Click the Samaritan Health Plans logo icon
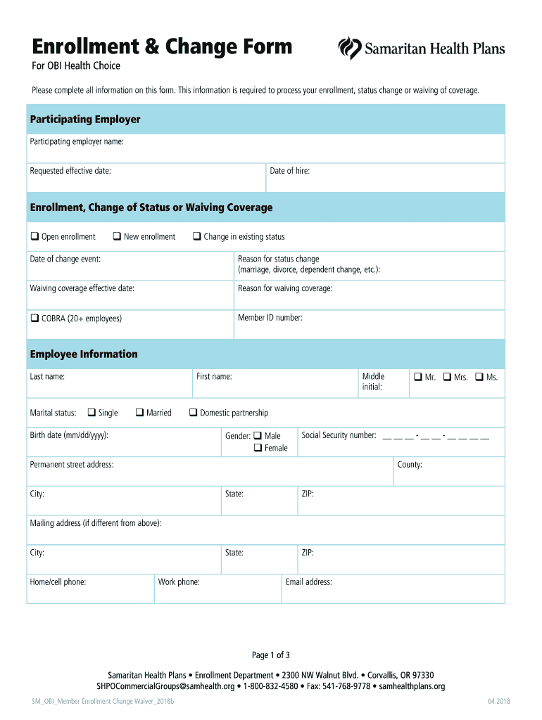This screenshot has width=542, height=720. (x=350, y=49)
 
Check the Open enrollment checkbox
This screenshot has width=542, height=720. (x=34, y=236)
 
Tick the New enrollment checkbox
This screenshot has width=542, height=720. (x=117, y=236)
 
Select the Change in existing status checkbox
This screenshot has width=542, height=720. (x=197, y=236)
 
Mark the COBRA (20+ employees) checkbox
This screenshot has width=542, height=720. (x=34, y=319)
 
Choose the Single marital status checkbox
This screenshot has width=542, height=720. (x=92, y=413)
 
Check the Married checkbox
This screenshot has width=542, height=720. (x=139, y=413)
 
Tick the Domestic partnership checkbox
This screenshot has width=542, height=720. (x=193, y=413)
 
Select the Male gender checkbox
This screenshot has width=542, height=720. (x=258, y=436)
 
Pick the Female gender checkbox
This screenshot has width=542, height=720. (x=258, y=448)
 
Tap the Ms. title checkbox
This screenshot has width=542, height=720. (x=479, y=377)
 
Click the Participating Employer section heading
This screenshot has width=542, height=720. (x=85, y=120)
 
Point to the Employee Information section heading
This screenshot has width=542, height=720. (x=84, y=354)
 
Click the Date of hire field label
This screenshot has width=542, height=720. (x=289, y=171)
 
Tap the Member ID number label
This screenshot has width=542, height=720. (x=270, y=318)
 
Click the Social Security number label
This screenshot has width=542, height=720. (x=339, y=435)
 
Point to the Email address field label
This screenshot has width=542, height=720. (x=308, y=582)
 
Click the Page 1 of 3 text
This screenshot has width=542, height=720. (x=271, y=655)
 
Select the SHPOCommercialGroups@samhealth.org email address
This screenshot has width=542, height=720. (x=165, y=686)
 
